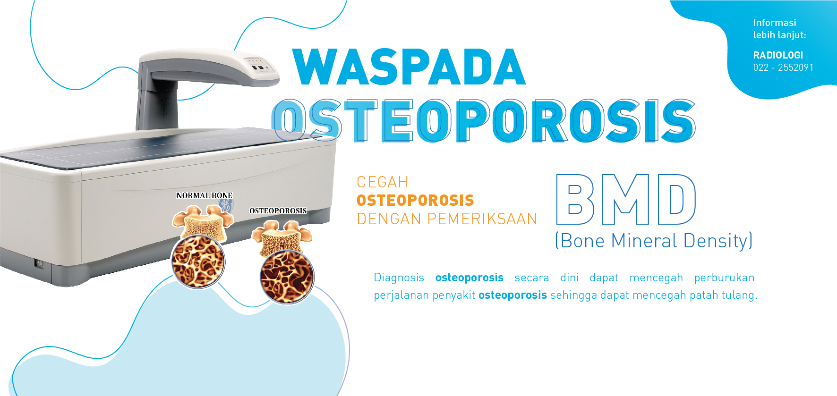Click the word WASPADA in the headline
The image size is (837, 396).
(x=409, y=67)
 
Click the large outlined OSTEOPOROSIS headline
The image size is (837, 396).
(x=484, y=120)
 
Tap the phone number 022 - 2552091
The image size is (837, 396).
(x=783, y=67)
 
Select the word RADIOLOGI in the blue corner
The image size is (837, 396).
(x=778, y=55)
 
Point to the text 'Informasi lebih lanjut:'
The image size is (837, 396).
(x=779, y=29)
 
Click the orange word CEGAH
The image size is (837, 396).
(x=382, y=182)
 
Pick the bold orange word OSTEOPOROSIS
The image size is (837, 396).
(x=415, y=200)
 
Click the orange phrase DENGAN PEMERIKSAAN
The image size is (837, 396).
(x=447, y=219)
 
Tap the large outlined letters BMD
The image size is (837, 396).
(x=626, y=199)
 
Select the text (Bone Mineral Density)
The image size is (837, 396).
(x=654, y=241)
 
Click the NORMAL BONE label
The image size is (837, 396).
(x=205, y=195)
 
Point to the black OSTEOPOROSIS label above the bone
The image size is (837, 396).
(x=278, y=211)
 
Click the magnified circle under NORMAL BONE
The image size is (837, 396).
(x=198, y=261)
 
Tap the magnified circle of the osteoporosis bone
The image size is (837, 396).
(x=287, y=277)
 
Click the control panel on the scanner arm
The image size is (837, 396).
(x=256, y=65)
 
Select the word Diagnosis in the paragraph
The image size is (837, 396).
(x=399, y=278)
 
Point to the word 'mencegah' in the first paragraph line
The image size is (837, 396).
(x=656, y=278)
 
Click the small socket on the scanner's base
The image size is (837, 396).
(x=40, y=263)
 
